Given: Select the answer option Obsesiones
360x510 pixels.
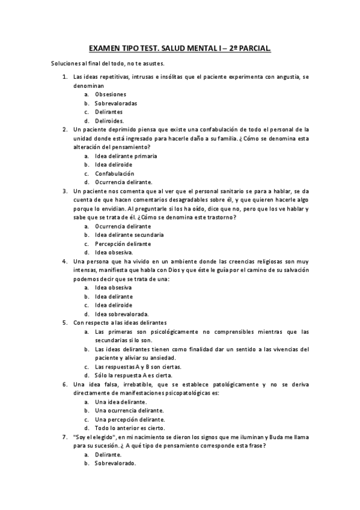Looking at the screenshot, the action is point(111,94).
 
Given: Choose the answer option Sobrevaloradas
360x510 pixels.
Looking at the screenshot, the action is point(116,103).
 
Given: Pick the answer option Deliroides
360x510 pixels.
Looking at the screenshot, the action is point(109,120).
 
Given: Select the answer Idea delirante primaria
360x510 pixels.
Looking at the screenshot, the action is point(126,156).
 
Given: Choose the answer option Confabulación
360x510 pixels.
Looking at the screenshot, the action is point(117,173).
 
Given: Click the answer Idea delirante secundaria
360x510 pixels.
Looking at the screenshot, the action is point(129,235).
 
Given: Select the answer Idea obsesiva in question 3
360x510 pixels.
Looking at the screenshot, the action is point(114,253).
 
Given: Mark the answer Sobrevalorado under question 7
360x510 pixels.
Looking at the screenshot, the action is point(115,464).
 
